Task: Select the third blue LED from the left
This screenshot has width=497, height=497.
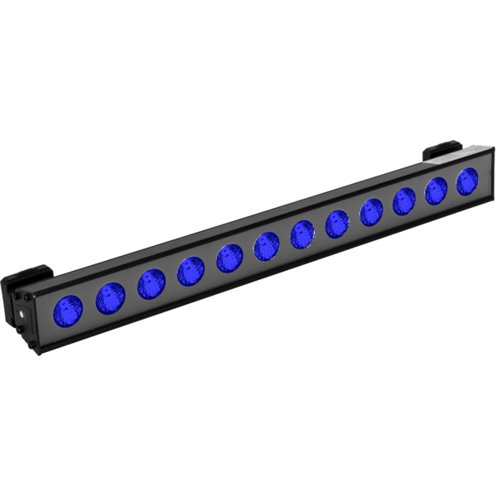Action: (x=152, y=282)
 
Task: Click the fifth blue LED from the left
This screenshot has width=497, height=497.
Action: (x=229, y=257)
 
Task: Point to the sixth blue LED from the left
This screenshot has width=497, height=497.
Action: (x=267, y=245)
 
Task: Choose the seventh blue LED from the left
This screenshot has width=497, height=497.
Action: (x=303, y=234)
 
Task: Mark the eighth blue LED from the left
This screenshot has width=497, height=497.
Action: (x=338, y=222)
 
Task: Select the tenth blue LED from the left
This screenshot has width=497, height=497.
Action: (x=404, y=200)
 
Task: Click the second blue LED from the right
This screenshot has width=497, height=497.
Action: (x=437, y=191)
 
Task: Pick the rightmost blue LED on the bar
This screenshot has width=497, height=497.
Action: (x=467, y=181)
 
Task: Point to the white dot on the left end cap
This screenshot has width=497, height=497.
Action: (x=18, y=315)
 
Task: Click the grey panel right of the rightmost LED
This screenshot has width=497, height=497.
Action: (x=483, y=176)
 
